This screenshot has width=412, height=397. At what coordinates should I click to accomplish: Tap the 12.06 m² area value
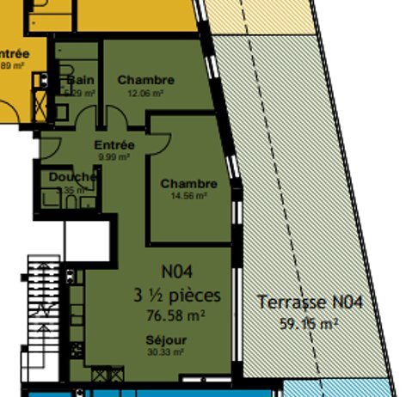(145, 93)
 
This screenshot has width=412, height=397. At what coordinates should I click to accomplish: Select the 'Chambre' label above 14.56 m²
(188, 184)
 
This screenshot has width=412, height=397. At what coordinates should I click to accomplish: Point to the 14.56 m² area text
(188, 196)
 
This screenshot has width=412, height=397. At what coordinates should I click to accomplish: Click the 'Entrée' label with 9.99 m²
(114, 146)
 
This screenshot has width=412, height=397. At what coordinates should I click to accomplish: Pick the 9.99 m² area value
(114, 157)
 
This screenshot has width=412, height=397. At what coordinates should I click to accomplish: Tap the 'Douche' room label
(72, 177)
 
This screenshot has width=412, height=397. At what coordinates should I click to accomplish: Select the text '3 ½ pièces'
(176, 296)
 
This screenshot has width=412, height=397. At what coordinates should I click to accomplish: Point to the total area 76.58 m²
(176, 315)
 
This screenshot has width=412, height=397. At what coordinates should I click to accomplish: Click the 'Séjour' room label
(165, 340)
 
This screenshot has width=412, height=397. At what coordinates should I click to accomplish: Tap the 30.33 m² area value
(165, 351)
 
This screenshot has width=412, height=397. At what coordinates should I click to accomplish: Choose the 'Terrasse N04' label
(311, 302)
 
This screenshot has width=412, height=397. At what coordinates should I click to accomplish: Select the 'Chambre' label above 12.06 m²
(145, 80)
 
